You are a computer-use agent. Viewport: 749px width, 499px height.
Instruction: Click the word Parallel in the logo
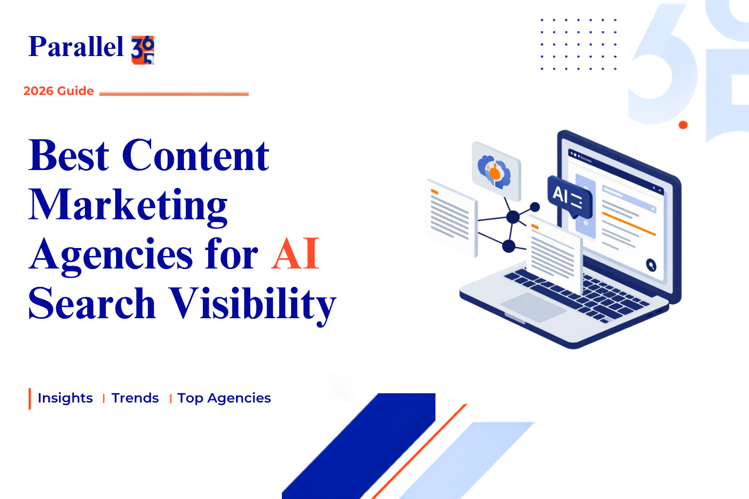coord(76,46)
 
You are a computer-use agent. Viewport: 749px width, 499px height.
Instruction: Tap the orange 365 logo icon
coord(143,50)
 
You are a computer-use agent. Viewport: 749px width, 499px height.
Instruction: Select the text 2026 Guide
coord(59,91)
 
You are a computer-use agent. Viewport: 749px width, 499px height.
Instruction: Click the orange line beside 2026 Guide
coord(174,94)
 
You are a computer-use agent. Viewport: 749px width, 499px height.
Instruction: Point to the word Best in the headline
coord(69,155)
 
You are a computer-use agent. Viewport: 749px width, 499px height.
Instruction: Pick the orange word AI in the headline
coord(295,253)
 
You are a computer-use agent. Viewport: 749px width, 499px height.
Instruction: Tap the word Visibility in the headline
coord(252,305)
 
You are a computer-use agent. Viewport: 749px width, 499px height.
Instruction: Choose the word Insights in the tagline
coord(65,398)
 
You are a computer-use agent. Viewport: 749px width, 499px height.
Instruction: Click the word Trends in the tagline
coord(135,398)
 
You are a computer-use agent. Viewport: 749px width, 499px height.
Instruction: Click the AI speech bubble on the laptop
coord(570,198)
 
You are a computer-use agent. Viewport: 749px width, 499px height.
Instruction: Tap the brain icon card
coord(496,172)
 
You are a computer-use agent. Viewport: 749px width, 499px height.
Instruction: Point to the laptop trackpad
coord(533,307)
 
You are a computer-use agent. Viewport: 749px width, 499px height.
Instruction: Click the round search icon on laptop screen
coord(651,266)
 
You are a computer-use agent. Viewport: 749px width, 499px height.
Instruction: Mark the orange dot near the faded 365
coord(683,125)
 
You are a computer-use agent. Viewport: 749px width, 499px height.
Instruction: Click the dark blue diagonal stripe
coord(358,446)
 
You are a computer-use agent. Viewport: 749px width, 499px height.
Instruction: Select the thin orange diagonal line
coord(419,452)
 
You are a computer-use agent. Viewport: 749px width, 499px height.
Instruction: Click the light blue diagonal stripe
coord(467,461)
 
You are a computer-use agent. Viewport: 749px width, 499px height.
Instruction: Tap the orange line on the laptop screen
coord(629,224)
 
